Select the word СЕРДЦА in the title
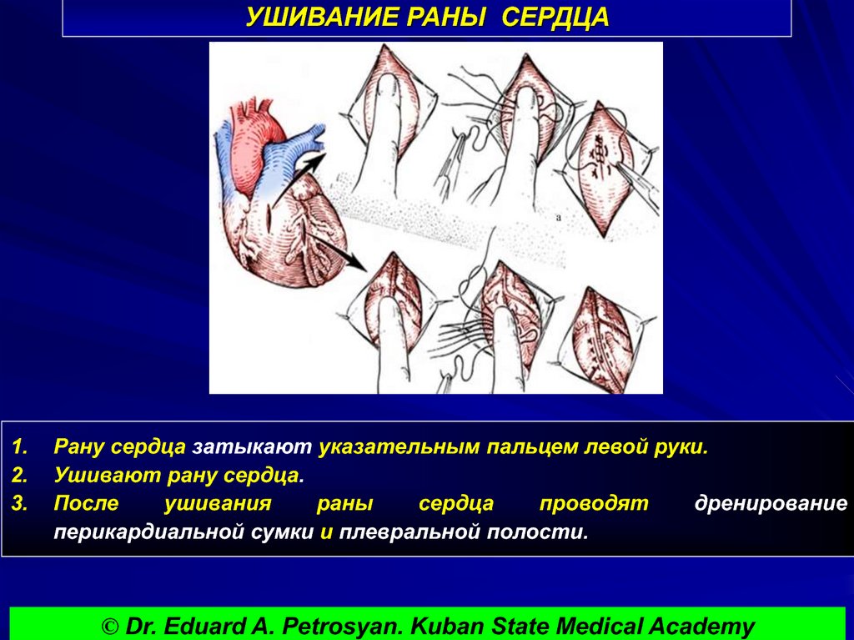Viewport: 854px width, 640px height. [x=555, y=18]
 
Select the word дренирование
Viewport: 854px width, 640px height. [x=771, y=504]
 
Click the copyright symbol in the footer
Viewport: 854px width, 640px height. [x=110, y=626]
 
